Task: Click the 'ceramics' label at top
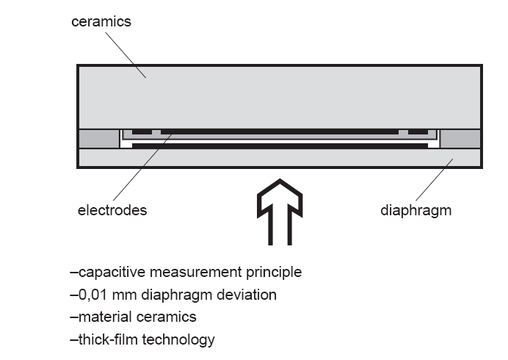tap(101, 22)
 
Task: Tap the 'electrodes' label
tap(112, 210)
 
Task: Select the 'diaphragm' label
tap(416, 211)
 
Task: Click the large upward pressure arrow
tap(280, 212)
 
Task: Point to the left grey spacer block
tap(99, 138)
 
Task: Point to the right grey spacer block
tap(460, 138)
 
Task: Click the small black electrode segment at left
tap(142, 132)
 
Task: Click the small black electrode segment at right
tap(418, 132)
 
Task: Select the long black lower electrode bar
tap(280, 146)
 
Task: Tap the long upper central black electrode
tap(280, 132)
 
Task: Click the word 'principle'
tap(274, 273)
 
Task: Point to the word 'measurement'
tap(196, 273)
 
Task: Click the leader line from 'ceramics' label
tap(126, 55)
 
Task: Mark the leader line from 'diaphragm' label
tap(435, 180)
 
